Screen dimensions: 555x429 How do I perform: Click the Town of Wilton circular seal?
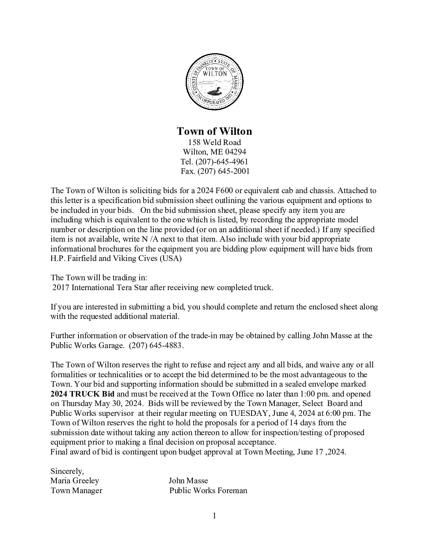(x=214, y=82)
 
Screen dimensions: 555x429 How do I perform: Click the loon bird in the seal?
(x=214, y=92)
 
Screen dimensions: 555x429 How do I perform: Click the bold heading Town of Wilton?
(x=214, y=131)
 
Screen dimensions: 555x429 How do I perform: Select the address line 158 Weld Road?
(x=214, y=142)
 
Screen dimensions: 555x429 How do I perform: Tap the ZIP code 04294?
(x=236, y=152)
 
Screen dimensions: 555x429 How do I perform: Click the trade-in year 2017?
(x=61, y=287)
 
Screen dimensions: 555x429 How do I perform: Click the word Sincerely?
(x=67, y=471)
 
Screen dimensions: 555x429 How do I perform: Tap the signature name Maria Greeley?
(x=75, y=481)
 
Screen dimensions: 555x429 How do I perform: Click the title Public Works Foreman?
(x=208, y=490)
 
